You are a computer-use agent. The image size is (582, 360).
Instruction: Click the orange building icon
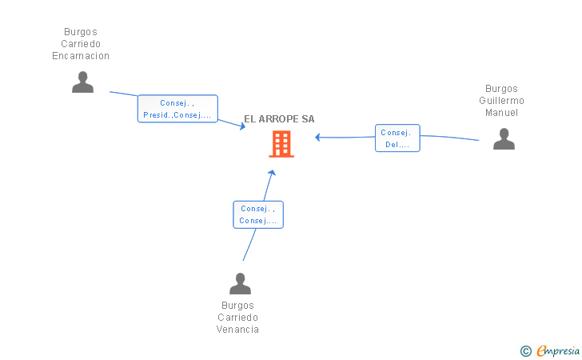(281, 144)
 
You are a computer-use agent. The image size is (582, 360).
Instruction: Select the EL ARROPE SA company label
(279, 119)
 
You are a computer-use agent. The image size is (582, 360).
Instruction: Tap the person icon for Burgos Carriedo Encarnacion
(82, 82)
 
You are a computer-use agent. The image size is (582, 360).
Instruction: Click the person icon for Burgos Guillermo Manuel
(504, 138)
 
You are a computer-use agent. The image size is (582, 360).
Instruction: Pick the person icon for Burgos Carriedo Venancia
(240, 283)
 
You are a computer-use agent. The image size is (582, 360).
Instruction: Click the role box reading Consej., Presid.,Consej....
(177, 109)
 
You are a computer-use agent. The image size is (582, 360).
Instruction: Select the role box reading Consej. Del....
(397, 138)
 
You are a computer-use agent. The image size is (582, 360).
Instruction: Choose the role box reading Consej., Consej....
(258, 214)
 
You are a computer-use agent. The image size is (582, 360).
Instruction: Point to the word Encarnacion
(81, 56)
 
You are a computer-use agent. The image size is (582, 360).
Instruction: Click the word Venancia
(237, 329)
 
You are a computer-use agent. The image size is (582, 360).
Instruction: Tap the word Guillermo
(501, 101)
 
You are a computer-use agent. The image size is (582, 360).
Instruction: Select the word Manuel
(501, 113)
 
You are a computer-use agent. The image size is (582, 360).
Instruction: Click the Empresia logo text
(558, 350)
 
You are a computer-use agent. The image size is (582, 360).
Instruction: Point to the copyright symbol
(526, 351)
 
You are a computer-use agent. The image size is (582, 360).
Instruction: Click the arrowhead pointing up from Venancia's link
(272, 173)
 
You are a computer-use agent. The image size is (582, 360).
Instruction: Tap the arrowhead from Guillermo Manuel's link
(317, 138)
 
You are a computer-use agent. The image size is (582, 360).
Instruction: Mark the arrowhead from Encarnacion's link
(242, 126)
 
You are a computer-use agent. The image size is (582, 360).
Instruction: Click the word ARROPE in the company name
(278, 119)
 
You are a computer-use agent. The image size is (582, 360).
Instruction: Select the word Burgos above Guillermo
(501, 89)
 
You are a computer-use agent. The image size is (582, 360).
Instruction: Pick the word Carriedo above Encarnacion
(81, 44)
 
